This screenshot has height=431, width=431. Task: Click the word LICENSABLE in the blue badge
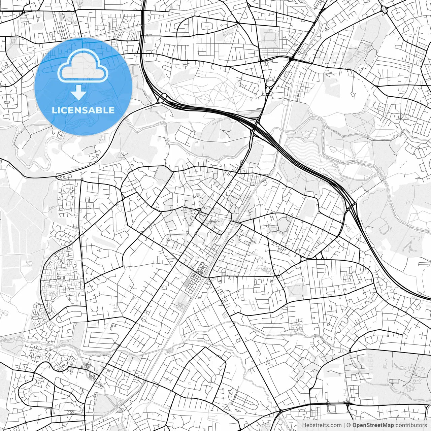pyautogui.click(x=83, y=110)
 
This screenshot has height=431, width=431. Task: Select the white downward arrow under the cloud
pyautogui.click(x=79, y=92)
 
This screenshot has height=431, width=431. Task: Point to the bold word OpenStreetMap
pyautogui.click(x=373, y=425)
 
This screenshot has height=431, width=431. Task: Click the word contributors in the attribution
pyautogui.click(x=411, y=425)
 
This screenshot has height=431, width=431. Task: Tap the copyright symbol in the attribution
pyautogui.click(x=349, y=425)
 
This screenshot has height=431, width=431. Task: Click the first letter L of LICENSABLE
pyautogui.click(x=54, y=110)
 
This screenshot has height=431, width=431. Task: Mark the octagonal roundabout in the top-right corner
pyautogui.click(x=384, y=9)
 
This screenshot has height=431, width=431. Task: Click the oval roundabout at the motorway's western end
pyautogui.click(x=162, y=98)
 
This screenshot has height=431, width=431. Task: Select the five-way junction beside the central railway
pyautogui.click(x=208, y=277)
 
